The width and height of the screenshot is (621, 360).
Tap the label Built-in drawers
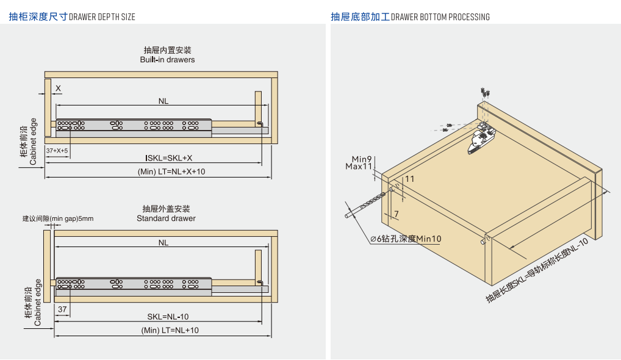pos(167,60)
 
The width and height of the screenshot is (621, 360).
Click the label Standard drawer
pos(166,218)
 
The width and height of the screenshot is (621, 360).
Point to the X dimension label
pos(59,88)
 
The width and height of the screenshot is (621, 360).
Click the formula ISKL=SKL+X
pos(169,158)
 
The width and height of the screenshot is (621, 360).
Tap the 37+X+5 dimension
pos(57,150)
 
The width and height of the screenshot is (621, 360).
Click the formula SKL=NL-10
pos(168,317)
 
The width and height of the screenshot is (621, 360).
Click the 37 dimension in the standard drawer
pos(62,309)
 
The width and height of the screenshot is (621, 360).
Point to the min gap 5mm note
pos(58,218)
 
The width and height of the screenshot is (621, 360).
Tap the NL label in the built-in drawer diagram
pos(163,101)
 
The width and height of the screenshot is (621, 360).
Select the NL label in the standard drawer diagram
pos(163,242)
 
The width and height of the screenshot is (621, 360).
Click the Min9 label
pos(362,159)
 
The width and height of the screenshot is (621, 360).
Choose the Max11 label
pos(359,166)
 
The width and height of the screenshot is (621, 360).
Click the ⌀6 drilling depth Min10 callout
pos(406,239)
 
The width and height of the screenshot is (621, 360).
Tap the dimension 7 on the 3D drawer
pos(396,214)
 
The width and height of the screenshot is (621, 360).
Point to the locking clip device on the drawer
pos(481,138)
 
